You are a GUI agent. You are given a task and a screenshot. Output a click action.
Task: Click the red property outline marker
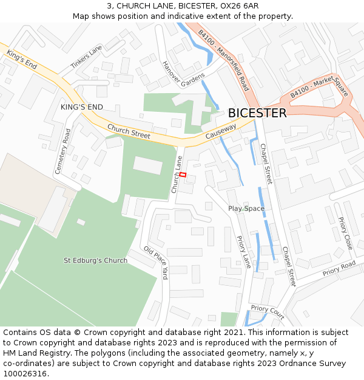[183, 175]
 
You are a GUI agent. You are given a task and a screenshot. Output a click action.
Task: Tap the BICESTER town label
[257, 113]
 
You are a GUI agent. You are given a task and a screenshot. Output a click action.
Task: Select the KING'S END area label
[82, 107]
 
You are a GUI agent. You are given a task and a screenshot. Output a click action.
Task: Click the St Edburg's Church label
[96, 260]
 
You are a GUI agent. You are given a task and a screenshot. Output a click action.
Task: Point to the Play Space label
[246, 209]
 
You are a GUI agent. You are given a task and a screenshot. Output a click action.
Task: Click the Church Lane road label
[177, 174]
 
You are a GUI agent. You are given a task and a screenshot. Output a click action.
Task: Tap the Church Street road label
[129, 131]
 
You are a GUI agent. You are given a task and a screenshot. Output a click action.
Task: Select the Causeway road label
[220, 131]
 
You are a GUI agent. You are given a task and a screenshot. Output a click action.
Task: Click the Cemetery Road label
[63, 151]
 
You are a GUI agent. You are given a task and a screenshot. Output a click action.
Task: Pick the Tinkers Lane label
[86, 57]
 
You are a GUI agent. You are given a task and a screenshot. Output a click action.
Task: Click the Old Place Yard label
[155, 263]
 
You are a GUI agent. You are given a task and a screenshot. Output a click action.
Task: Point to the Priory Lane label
[243, 252]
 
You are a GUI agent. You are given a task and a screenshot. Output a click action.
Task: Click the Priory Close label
[345, 233]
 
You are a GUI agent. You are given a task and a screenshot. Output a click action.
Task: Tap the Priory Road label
[339, 268]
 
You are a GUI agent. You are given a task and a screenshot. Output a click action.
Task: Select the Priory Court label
[268, 312]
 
